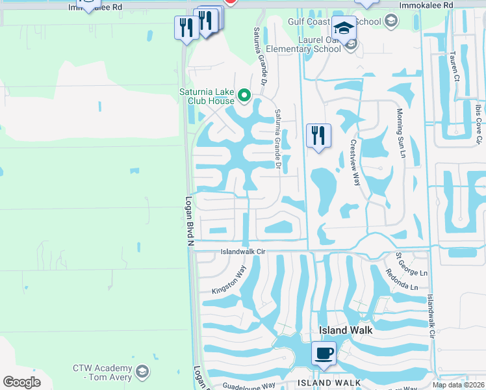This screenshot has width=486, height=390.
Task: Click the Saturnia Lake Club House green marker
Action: (244, 96)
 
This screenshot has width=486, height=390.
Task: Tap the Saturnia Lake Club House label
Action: (207, 96)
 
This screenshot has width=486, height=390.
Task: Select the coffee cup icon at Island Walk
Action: (323, 354)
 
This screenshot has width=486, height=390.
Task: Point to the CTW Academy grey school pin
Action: (142, 372)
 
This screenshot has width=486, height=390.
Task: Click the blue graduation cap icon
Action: (344, 29)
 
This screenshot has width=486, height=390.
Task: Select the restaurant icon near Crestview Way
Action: (318, 136)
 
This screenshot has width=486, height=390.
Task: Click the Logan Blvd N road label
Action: (190, 222)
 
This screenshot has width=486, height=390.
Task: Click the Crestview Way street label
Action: (355, 162)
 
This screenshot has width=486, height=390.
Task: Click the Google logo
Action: (21, 382)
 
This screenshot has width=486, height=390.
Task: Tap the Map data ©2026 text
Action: (457, 385)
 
